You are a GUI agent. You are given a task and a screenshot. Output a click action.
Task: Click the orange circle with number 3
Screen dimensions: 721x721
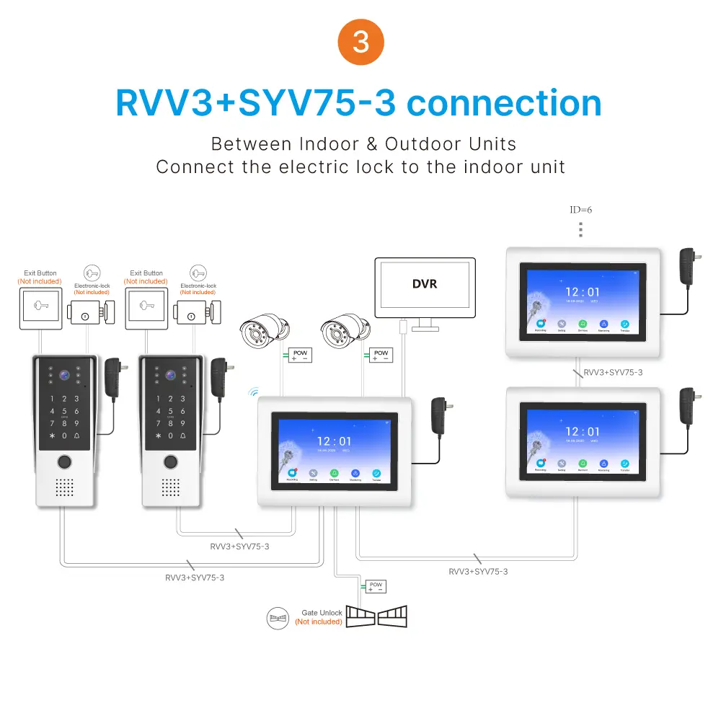[360, 42]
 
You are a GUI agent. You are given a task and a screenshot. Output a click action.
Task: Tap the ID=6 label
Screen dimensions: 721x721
[580, 210]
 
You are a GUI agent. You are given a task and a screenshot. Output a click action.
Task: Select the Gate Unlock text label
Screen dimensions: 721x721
[322, 613]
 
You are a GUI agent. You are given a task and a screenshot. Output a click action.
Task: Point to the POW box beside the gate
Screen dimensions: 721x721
[375, 586]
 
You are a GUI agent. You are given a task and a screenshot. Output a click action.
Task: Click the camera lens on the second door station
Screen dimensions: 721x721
[171, 376]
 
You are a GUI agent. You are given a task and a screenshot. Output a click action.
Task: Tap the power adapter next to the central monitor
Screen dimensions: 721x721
[438, 416]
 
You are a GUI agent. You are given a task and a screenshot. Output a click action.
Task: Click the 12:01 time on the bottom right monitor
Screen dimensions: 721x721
[582, 432]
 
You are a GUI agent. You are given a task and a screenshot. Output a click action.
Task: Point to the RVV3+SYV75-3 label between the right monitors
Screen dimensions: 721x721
[612, 372]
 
